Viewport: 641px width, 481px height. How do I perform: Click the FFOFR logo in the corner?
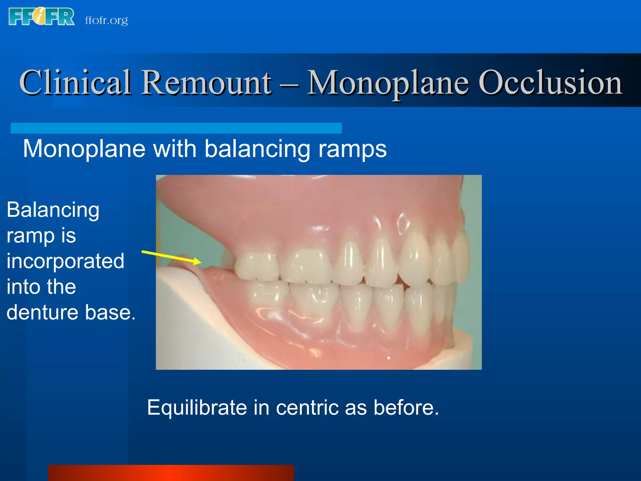(41, 17)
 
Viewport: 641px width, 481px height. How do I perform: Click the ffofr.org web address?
(106, 20)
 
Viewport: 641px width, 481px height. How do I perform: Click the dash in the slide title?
(289, 84)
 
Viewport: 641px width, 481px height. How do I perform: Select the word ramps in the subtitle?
(352, 150)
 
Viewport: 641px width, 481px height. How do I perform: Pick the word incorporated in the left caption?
(65, 261)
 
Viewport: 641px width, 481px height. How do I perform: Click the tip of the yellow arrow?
(200, 262)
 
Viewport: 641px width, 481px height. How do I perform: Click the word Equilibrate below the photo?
(197, 408)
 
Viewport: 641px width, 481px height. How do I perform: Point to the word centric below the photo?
(305, 408)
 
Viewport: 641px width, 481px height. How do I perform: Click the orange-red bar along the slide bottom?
(171, 473)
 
